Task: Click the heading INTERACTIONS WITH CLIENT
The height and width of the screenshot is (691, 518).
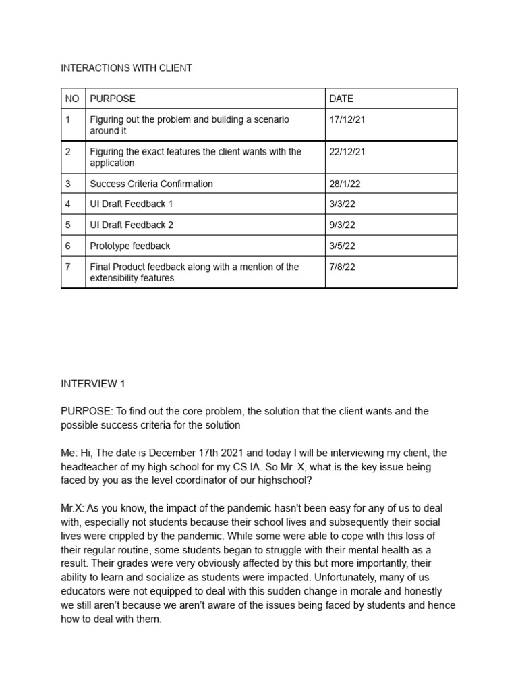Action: coord(126,68)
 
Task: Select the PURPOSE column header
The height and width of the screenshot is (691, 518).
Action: coord(113,99)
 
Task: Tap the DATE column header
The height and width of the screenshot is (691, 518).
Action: coord(341,99)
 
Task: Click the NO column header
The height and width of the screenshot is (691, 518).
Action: coord(72,99)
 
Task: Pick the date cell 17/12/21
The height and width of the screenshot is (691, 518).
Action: coord(347,119)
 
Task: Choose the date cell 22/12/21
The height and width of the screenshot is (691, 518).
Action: coord(347,152)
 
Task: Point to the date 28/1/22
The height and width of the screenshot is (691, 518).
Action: coord(345,184)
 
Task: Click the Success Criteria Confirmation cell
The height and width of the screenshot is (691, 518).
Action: coord(151,184)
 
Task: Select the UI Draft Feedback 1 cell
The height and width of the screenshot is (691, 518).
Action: coord(127,204)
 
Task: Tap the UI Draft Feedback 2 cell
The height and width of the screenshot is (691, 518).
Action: coord(127,225)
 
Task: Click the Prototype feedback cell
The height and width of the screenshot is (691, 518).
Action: coord(130,246)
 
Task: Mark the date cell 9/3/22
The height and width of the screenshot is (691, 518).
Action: coord(342,225)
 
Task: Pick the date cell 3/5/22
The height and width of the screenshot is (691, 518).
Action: coord(342,246)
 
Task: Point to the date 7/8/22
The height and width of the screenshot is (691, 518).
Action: coord(342,267)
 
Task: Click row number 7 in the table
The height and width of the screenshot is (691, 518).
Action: coord(68,267)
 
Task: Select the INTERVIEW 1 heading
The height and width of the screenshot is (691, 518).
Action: coord(93,384)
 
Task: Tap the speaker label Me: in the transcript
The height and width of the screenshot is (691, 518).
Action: coord(69,453)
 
